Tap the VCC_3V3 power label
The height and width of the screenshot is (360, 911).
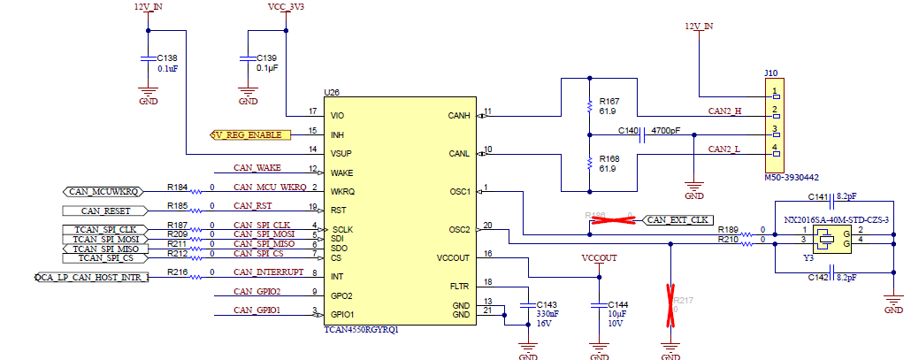(x=285, y=6)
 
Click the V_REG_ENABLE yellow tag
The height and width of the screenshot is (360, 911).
(x=250, y=134)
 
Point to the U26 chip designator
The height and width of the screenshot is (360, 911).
(x=332, y=92)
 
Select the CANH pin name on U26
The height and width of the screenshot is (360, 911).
(x=459, y=115)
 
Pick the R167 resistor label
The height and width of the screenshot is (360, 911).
(x=609, y=101)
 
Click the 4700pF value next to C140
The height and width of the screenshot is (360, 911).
(x=666, y=130)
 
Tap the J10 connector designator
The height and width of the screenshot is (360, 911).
(x=771, y=73)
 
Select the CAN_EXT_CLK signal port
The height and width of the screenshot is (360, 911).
(x=678, y=219)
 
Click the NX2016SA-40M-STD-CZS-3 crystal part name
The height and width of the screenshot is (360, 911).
(x=836, y=218)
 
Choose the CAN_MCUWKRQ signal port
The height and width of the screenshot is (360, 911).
(x=103, y=191)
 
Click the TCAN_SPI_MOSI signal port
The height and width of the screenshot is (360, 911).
(x=105, y=239)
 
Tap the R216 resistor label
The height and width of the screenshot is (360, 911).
(x=177, y=272)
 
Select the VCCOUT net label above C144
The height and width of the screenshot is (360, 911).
(x=599, y=257)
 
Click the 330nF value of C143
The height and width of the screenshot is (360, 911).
(x=548, y=314)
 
